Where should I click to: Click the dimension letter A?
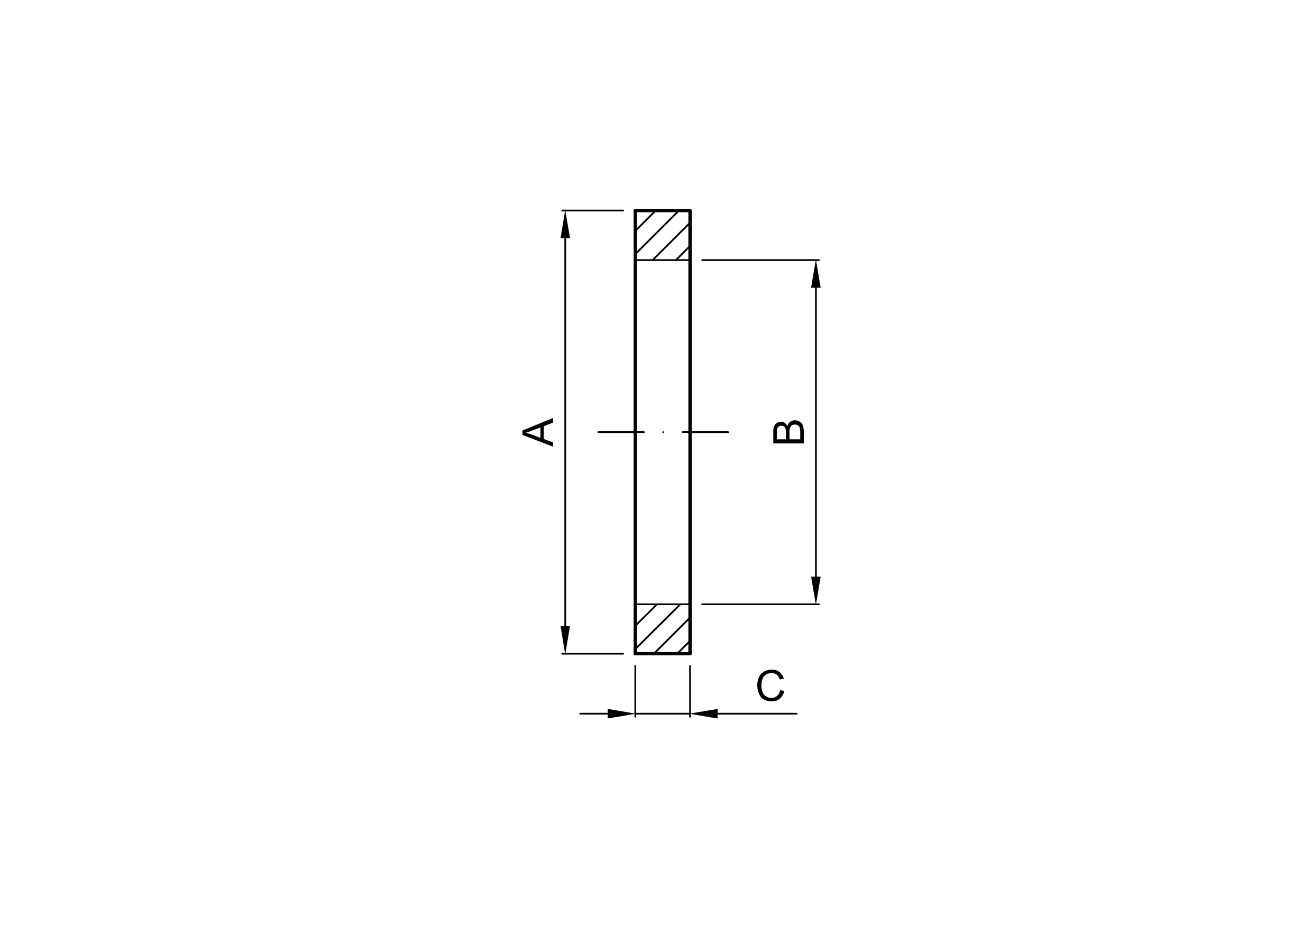(x=538, y=432)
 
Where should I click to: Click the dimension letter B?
(x=788, y=432)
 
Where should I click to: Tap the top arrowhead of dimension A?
(x=565, y=224)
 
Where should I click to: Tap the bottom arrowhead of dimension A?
(x=565, y=639)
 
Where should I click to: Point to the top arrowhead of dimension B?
(x=816, y=274)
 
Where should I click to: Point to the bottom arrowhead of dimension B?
(x=816, y=590)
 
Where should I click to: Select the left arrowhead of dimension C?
(x=621, y=713)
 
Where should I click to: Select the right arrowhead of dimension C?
(x=704, y=713)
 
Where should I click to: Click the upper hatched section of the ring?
(x=663, y=235)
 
